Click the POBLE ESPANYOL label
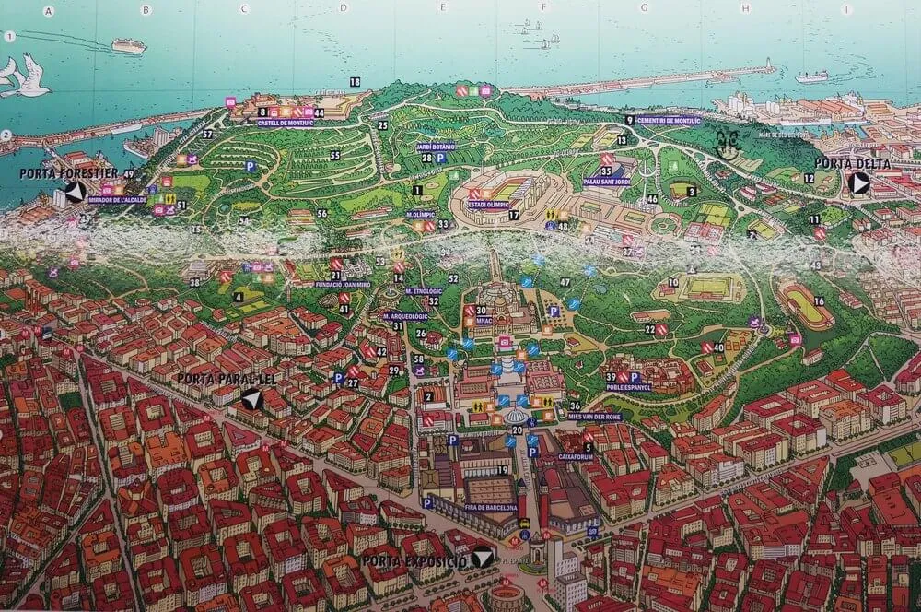pyautogui.click(x=629, y=388)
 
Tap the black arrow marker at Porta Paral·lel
pyautogui.click(x=249, y=400)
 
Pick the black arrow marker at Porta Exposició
pyautogui.click(x=480, y=558)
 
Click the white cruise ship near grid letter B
pyautogui.click(x=128, y=45)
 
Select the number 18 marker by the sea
pyautogui.click(x=356, y=82)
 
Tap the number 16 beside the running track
pyautogui.click(x=818, y=301)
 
